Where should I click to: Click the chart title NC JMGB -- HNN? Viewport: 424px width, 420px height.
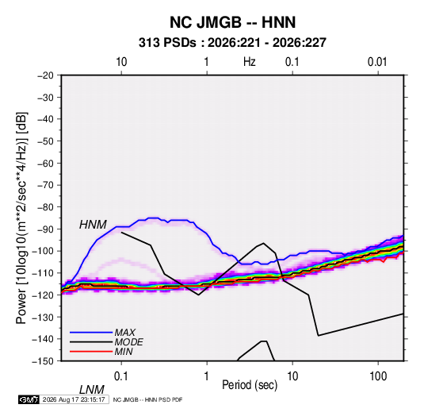pos(232,22)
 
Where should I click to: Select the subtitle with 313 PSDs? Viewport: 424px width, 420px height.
pos(232,43)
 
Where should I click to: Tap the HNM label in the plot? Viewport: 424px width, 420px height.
pos(93,225)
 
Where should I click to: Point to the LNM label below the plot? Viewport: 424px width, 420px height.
pos(91,390)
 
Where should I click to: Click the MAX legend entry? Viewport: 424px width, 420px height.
pos(125,332)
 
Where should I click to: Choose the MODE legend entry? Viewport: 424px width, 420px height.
pos(128,342)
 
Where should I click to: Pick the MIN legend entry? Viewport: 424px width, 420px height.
pos(124,352)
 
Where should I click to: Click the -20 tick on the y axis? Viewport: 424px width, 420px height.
pos(45,75)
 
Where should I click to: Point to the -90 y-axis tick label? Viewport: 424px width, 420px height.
pos(45,229)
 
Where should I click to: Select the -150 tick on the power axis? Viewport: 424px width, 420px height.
pos(43,361)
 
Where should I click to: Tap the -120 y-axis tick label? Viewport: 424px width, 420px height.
pos(43,295)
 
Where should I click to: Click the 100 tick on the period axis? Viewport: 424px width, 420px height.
pos(378,376)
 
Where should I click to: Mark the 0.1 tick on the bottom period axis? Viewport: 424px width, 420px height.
pos(120,376)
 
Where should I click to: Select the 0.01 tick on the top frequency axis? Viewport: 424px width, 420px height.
pos(377,62)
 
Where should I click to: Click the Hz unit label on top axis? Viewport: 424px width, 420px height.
pos(250,62)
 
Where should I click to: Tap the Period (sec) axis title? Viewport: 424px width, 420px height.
pos(250,385)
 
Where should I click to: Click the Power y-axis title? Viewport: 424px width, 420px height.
pos(21,218)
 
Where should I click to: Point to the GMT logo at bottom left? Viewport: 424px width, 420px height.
pos(29,399)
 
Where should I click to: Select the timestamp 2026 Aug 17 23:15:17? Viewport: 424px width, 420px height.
pos(74,399)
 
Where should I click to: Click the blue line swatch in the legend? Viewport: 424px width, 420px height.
pos(91,332)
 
